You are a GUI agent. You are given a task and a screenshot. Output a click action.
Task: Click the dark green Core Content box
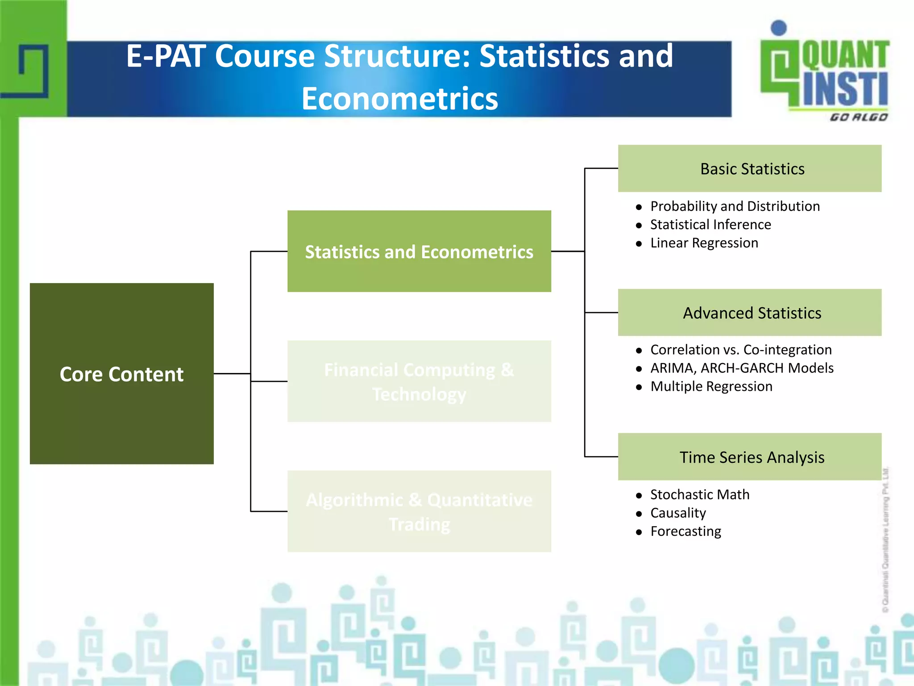121,373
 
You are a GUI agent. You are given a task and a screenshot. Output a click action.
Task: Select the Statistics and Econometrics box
419,251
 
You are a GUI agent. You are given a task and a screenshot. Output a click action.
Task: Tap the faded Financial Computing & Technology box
419,381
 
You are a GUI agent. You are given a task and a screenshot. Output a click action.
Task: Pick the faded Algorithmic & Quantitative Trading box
419,511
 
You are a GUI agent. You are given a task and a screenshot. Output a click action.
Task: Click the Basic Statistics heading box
750,169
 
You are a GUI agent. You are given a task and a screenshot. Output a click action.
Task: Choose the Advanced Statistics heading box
750,313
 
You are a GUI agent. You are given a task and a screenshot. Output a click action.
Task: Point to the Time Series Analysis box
750,457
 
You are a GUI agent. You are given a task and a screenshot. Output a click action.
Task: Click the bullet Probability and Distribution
735,206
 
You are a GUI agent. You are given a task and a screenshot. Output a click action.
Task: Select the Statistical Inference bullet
710,225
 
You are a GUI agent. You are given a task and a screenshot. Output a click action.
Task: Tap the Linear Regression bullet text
704,243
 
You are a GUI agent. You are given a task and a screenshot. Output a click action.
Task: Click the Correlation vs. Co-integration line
741,350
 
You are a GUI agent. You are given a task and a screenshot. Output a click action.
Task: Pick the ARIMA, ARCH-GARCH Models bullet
742,368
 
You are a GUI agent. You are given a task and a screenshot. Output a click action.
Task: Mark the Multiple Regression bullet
711,386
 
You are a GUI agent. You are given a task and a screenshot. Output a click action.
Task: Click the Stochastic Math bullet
700,495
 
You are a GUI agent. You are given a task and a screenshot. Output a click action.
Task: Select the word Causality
678,513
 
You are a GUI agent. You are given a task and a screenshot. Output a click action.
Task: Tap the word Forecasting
685,531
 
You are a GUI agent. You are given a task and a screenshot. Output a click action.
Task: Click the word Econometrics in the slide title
399,99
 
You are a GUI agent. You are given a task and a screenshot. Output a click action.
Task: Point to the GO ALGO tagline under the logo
859,117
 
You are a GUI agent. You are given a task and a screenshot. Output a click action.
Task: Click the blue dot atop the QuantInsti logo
779,28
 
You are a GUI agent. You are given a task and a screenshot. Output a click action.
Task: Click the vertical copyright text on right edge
886,540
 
